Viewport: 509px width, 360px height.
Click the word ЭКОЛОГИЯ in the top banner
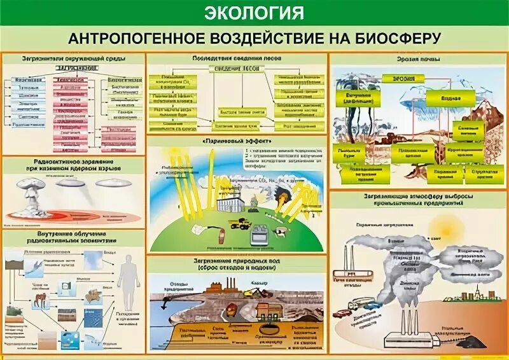coord(254,12)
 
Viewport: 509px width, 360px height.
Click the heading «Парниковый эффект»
coord(237,141)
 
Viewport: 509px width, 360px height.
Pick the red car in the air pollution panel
coord(344,314)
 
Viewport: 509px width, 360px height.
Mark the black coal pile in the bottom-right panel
coord(471,343)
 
